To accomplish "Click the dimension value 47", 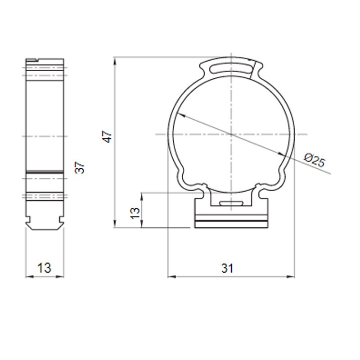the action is coord(107,137).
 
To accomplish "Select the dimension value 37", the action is coord(80,167).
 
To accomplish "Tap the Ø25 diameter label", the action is coord(315,160).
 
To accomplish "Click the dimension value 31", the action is coord(227,268).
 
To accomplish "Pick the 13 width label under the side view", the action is coord(44,268).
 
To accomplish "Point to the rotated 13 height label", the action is coord(135,213).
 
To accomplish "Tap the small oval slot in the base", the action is coord(231,203).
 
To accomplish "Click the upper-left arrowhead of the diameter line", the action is coord(181,115).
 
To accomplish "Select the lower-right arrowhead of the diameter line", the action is coord(282,153).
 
